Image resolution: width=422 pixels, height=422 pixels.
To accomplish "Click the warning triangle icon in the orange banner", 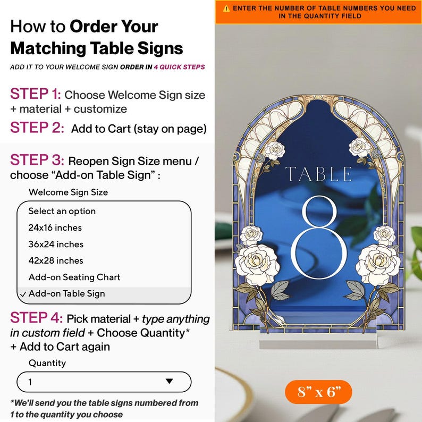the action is click(x=226, y=9).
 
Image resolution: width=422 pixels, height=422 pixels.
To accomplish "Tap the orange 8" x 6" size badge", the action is click(x=318, y=392).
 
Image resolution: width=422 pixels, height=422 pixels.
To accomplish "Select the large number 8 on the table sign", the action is click(x=319, y=238).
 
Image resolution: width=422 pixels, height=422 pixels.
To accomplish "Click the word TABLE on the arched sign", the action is click(x=319, y=174).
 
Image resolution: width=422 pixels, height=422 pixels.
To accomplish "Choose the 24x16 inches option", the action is click(x=55, y=227).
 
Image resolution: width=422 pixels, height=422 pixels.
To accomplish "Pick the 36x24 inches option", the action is click(x=56, y=244).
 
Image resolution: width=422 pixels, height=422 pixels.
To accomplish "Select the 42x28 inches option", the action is click(x=56, y=260).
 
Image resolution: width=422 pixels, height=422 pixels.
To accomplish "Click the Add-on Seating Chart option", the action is click(x=74, y=277).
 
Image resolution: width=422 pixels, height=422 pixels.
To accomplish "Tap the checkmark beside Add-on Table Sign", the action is click(x=23, y=294).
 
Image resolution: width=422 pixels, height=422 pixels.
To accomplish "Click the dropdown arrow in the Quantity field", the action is click(x=170, y=381).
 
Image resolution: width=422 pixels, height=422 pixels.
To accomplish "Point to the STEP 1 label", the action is click(x=36, y=94).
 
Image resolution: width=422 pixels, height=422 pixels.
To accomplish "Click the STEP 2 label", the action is click(x=37, y=128).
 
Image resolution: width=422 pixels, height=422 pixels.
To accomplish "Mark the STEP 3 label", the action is click(x=37, y=160).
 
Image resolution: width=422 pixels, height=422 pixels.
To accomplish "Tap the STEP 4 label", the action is click(x=36, y=317).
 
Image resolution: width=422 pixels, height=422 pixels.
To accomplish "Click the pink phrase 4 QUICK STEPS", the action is click(x=179, y=67).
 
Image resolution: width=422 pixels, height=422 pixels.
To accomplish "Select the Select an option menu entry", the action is click(x=62, y=212).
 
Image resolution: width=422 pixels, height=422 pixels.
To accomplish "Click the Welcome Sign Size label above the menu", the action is click(x=68, y=192).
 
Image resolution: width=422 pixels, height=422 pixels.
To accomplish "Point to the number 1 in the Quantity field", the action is click(x=30, y=382).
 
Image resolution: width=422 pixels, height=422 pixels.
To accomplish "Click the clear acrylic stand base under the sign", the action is click(x=318, y=344).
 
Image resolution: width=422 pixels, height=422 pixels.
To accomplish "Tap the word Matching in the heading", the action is click(x=48, y=49).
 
